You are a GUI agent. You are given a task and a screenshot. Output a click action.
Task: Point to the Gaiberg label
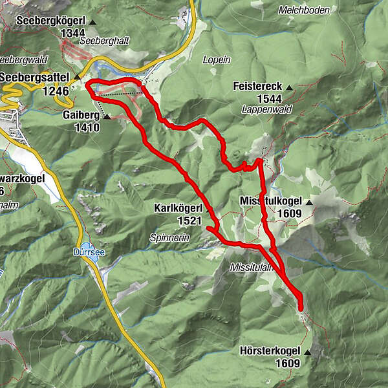click(x=81, y=115)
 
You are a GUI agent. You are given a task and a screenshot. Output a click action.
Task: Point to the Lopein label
click(x=217, y=59)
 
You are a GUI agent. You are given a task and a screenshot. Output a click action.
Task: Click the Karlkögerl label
click(x=179, y=209)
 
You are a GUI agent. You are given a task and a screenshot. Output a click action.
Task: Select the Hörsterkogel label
click(x=269, y=351)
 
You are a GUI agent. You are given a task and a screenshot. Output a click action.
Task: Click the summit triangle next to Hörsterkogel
click(x=308, y=352)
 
